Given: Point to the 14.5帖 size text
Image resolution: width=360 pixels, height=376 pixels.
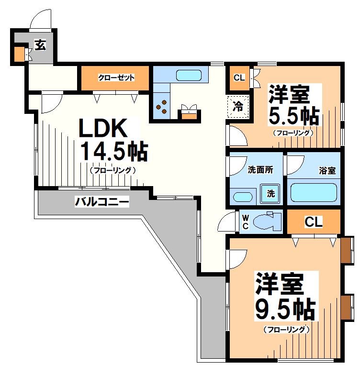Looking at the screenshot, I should coord(113,152).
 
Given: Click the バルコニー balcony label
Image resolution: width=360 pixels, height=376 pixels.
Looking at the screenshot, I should coord(101,202).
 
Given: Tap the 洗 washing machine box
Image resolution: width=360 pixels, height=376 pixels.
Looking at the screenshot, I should coord(270,193).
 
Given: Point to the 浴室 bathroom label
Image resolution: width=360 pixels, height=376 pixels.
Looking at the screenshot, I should coord(327,170).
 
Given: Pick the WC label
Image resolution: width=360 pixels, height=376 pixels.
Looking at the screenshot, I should coord(245,222).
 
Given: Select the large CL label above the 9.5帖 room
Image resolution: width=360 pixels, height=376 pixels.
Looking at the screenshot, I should coord(314,222).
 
